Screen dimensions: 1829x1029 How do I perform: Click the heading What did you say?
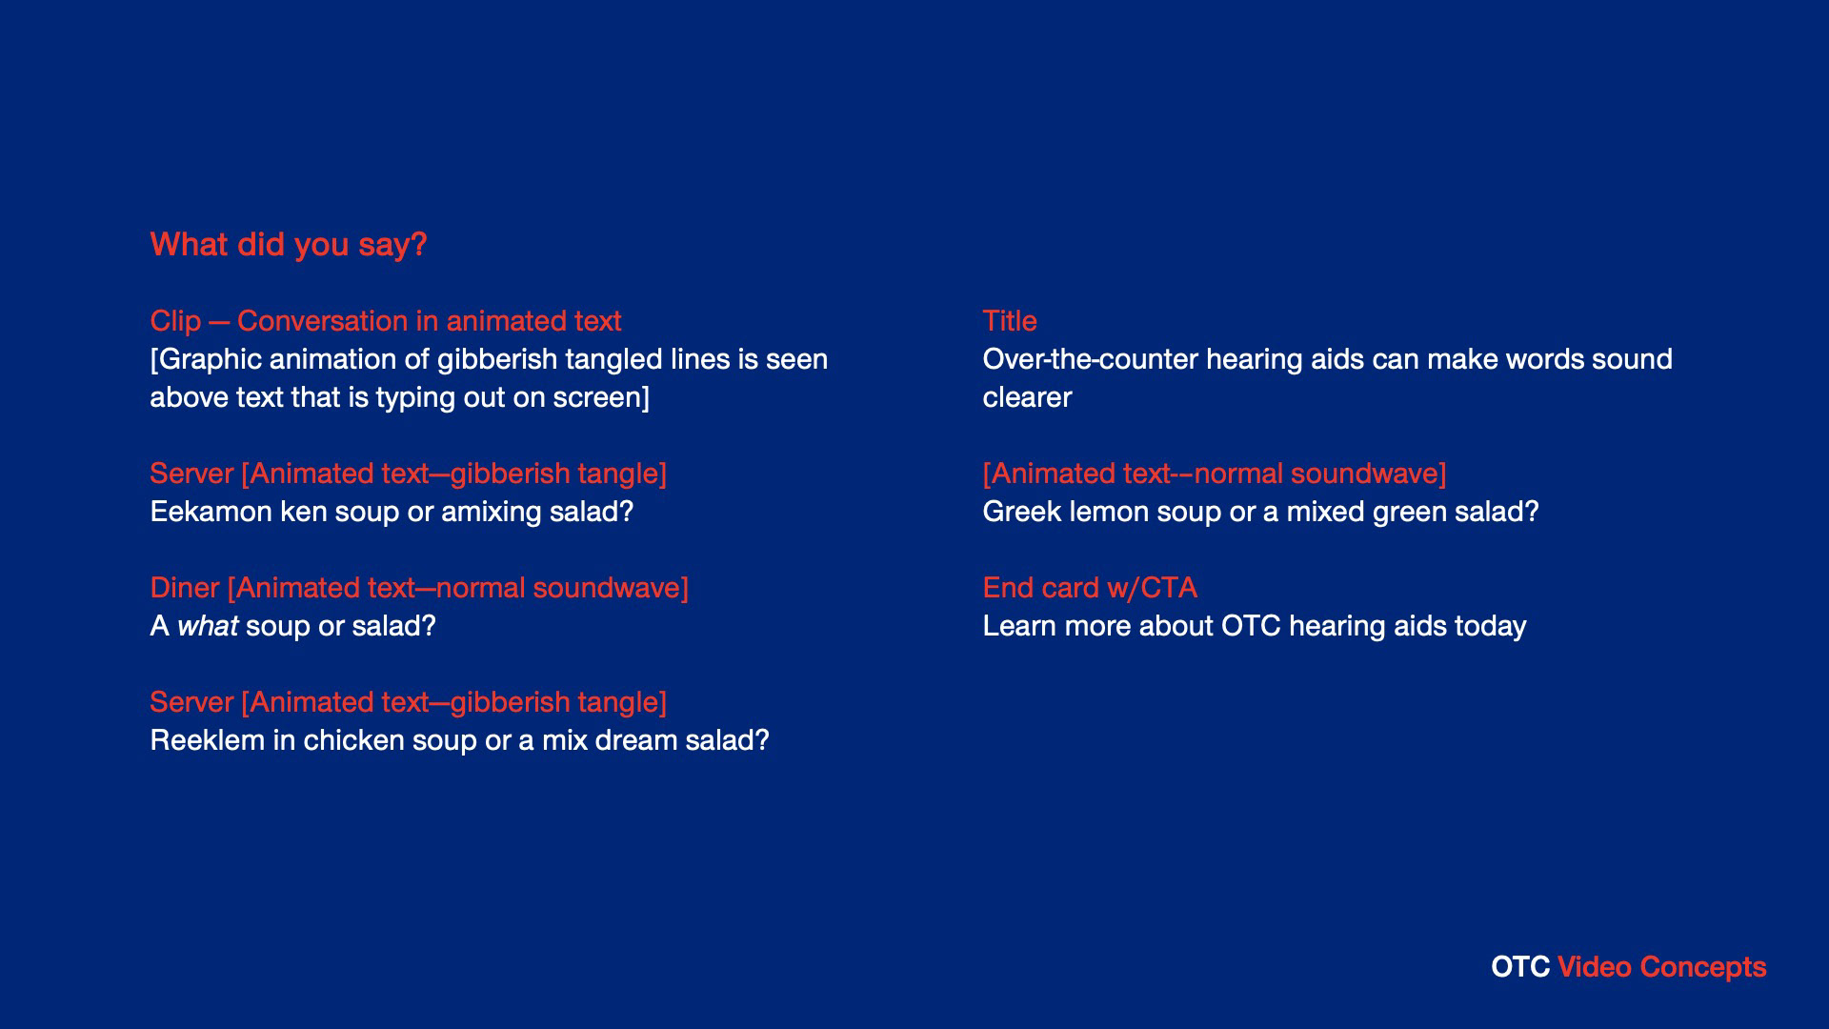coord(289,245)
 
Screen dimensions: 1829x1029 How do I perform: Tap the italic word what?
coord(208,626)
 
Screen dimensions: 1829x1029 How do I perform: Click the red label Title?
coord(1010,321)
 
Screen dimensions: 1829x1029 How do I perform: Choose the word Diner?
coord(185,588)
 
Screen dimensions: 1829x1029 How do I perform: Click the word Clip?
coord(176,322)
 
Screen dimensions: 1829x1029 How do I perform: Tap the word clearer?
coord(1027,397)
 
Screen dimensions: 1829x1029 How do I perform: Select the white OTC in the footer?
coord(1520,967)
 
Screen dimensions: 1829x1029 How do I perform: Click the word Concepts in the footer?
coord(1703,968)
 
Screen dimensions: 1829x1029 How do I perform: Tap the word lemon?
coord(1110,512)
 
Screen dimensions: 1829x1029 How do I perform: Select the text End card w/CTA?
coord(1090,588)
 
